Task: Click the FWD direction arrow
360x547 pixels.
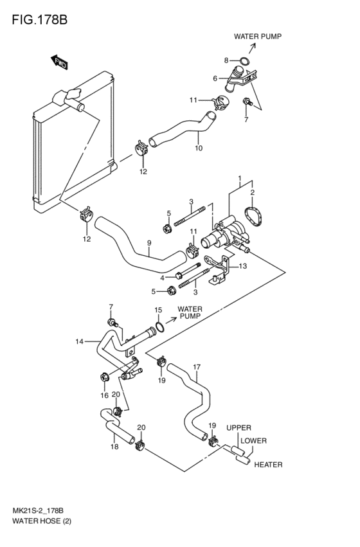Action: click(x=59, y=62)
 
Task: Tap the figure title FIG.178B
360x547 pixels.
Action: click(x=39, y=19)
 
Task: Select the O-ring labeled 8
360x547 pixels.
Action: click(x=245, y=61)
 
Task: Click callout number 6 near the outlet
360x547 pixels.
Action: click(x=215, y=78)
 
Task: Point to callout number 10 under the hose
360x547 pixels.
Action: click(x=199, y=148)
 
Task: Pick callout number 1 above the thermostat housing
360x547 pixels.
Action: click(x=240, y=179)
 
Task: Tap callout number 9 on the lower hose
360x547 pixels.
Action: click(x=149, y=243)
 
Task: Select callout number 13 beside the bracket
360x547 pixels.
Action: click(x=243, y=266)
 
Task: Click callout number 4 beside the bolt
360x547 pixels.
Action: click(x=162, y=278)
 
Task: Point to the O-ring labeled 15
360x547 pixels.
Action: click(x=159, y=327)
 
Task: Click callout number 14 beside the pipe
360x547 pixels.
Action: click(x=80, y=341)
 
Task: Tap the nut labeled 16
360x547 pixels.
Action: click(x=104, y=377)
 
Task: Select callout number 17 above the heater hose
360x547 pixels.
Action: click(x=197, y=367)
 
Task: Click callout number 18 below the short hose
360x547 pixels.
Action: click(x=114, y=447)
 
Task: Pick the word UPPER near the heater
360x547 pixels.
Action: click(x=239, y=427)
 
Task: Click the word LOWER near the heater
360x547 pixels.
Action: click(x=253, y=440)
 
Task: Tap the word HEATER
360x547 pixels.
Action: click(x=268, y=465)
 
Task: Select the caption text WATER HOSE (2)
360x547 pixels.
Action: click(x=42, y=521)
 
